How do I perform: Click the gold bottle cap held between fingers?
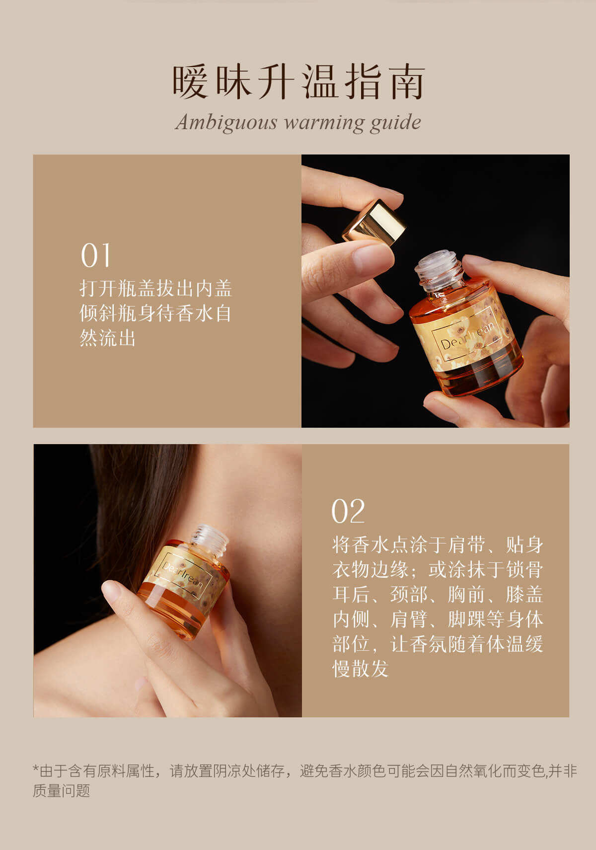(x=374, y=222)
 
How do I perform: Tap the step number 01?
(x=95, y=255)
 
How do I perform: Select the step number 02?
(x=348, y=511)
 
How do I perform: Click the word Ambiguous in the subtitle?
(x=226, y=123)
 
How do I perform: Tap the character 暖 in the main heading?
(x=190, y=81)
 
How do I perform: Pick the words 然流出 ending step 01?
(x=108, y=338)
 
